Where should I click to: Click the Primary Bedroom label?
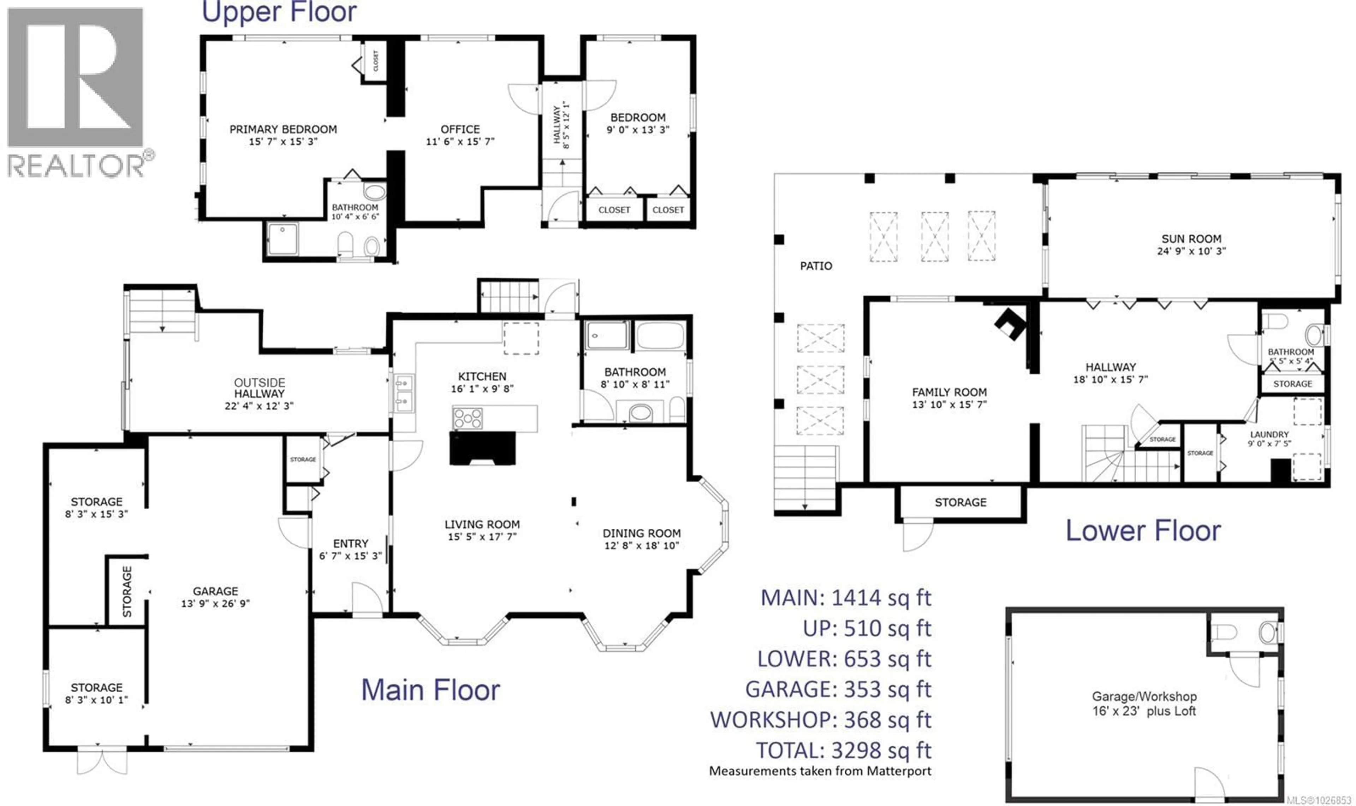click(x=283, y=129)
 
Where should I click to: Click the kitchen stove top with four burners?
click(x=468, y=419)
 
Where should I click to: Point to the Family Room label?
click(x=949, y=392)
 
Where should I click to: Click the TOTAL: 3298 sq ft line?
click(x=844, y=751)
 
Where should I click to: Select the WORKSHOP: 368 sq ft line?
click(x=821, y=720)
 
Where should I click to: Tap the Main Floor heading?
click(x=430, y=690)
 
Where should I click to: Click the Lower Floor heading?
click(x=1143, y=531)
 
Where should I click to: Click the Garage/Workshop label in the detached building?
click(x=1144, y=696)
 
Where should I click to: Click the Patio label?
click(x=815, y=266)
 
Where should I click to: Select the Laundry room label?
click(x=1269, y=434)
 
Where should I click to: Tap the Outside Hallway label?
click(x=260, y=388)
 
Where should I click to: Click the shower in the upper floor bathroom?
click(x=282, y=238)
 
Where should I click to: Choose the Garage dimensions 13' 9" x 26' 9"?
click(x=215, y=603)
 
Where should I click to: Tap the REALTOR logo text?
click(x=76, y=165)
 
